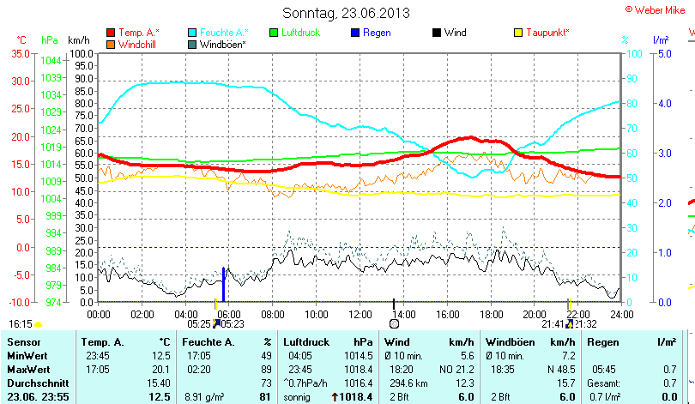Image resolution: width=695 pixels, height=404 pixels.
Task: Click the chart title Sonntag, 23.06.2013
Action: [346, 13]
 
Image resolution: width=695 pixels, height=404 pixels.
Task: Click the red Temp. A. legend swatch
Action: [111, 33]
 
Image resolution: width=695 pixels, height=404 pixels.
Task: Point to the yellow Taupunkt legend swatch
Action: [517, 33]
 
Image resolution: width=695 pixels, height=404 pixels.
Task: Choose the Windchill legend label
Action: [136, 44]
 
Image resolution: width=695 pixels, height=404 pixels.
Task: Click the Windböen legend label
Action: [225, 44]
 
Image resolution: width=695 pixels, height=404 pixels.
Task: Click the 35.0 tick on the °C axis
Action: [19, 53]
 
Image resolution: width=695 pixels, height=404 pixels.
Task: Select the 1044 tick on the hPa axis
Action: [51, 60]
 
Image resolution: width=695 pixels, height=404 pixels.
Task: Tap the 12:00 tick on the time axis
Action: [360, 315]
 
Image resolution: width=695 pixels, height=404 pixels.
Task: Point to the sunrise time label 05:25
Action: [199, 324]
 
